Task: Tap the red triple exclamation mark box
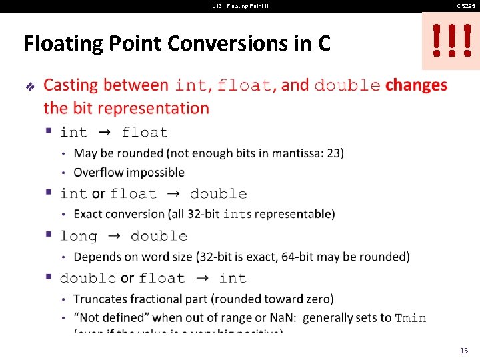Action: tap(451, 41)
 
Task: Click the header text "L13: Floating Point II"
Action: tap(240, 6)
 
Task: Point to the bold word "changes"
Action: tap(416, 85)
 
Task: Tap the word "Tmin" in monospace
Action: tap(410, 318)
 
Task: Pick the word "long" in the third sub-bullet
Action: tap(78, 236)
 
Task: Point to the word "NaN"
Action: tap(281, 318)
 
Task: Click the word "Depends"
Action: tap(97, 257)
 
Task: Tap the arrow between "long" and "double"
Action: tap(113, 236)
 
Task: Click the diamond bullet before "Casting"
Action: tap(29, 86)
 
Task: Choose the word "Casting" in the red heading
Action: tap(71, 85)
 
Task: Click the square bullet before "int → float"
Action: tap(49, 131)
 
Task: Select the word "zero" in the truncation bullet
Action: tap(316, 299)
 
